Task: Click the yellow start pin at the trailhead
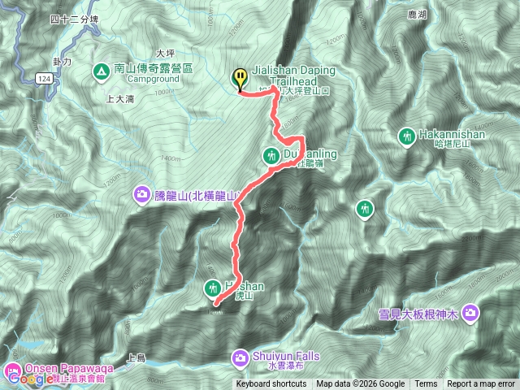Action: pos(240,79)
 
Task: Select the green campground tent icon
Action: pos(101,71)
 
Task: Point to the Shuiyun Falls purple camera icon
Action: pos(240,357)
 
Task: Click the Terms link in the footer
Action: pos(426,384)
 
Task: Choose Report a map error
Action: pos(481,384)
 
